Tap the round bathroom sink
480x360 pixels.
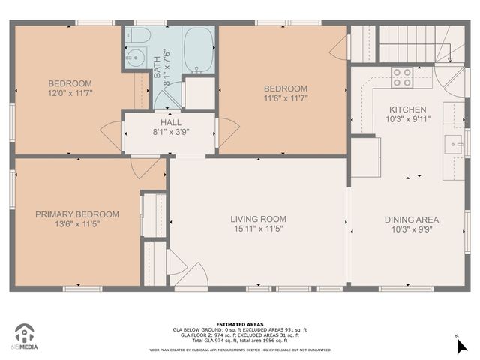[138, 58]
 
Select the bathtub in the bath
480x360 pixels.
[198, 50]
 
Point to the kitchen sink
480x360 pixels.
[453, 142]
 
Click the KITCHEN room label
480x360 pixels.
[406, 109]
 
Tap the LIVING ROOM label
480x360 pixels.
[258, 220]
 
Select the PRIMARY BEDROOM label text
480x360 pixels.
[77, 214]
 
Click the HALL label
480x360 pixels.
[170, 123]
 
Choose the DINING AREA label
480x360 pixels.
[412, 220]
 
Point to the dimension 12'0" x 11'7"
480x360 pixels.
[70, 94]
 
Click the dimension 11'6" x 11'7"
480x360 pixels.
[285, 97]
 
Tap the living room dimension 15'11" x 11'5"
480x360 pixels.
[258, 230]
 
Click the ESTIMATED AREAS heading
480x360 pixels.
[240, 324]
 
